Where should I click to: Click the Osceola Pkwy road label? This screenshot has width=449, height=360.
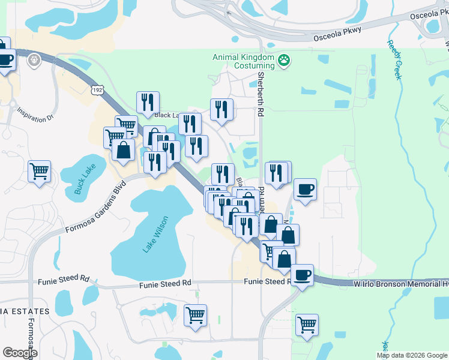pos(333,37)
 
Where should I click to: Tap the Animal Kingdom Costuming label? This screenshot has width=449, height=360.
pos(243,61)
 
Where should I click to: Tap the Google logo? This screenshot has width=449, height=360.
pos(20,353)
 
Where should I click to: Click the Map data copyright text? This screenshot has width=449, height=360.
pos(412,355)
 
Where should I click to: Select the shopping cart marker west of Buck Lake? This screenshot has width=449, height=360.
pos(39,171)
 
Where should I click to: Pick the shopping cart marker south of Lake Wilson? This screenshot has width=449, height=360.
pos(196,314)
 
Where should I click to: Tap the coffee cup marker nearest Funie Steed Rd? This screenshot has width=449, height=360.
pos(302,275)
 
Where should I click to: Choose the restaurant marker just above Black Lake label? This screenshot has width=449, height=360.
pos(147,103)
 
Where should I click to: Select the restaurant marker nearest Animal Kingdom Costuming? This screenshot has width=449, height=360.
pos(221,110)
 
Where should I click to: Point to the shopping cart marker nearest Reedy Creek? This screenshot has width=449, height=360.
pos(307,325)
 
